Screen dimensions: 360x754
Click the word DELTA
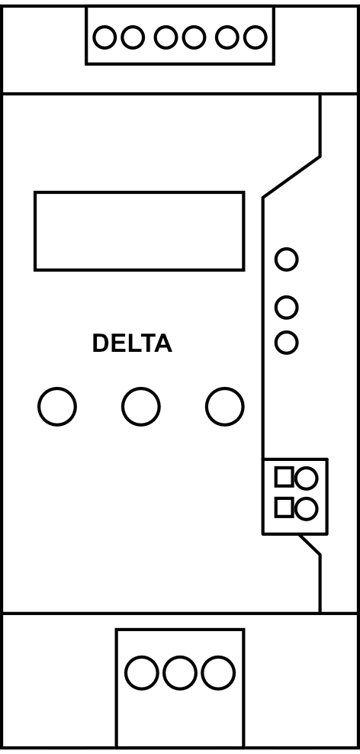click(x=132, y=343)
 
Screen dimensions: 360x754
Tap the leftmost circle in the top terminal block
click(x=104, y=37)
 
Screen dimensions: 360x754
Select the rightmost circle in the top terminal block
click(x=255, y=37)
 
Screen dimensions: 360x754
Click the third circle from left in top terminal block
click(x=166, y=37)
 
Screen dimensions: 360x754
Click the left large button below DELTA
click(x=57, y=406)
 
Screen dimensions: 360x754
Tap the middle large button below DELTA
click(x=141, y=406)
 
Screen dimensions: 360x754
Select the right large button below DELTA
click(x=224, y=406)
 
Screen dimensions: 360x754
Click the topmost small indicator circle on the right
click(x=286, y=259)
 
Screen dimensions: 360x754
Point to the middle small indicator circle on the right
click(x=286, y=308)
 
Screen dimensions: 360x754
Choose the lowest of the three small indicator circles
click(x=286, y=343)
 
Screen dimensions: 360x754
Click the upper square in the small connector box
click(x=284, y=476)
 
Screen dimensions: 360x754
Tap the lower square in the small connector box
click(x=284, y=507)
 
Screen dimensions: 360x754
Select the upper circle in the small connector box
click(x=306, y=478)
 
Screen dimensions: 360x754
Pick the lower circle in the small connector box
click(x=306, y=509)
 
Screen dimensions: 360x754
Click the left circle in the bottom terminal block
click(x=141, y=672)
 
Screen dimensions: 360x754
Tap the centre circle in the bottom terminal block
click(x=180, y=672)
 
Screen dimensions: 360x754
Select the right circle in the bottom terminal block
click(x=218, y=672)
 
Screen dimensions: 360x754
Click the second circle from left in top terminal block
click(x=132, y=37)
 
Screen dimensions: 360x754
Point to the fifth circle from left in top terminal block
click(x=227, y=37)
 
